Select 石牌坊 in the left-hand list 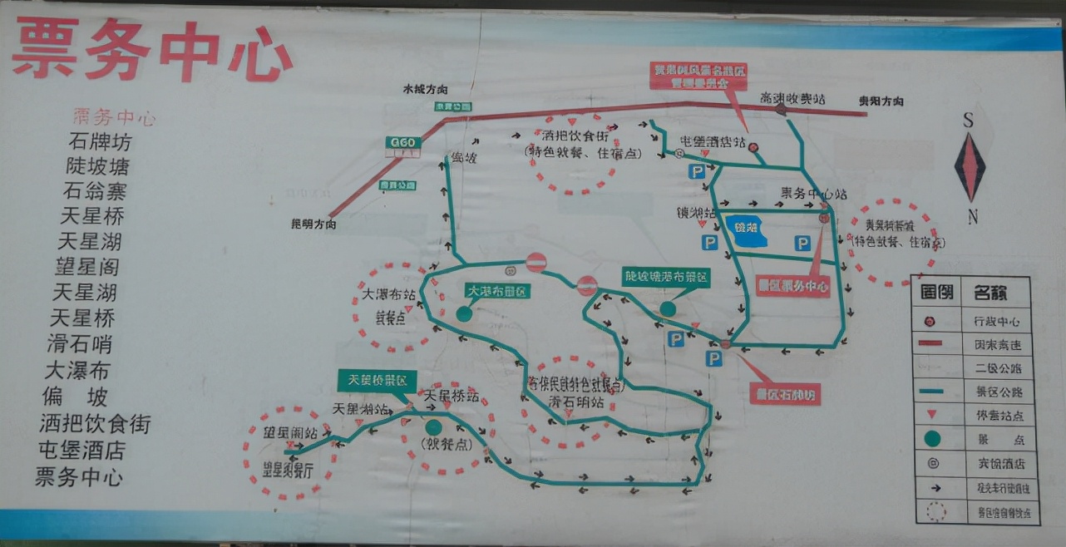(100, 140)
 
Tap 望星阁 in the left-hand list (87, 267)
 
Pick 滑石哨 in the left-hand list (80, 344)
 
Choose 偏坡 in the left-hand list (76, 397)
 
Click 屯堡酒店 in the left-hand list (81, 451)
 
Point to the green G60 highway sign (403, 143)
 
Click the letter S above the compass (968, 121)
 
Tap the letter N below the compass (972, 218)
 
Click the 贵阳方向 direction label (881, 101)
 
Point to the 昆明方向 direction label (313, 224)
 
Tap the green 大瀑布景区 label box (497, 292)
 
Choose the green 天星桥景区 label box (377, 381)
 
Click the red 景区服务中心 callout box (792, 286)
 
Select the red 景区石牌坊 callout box (785, 393)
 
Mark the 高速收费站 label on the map (792, 98)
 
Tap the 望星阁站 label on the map (290, 432)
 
